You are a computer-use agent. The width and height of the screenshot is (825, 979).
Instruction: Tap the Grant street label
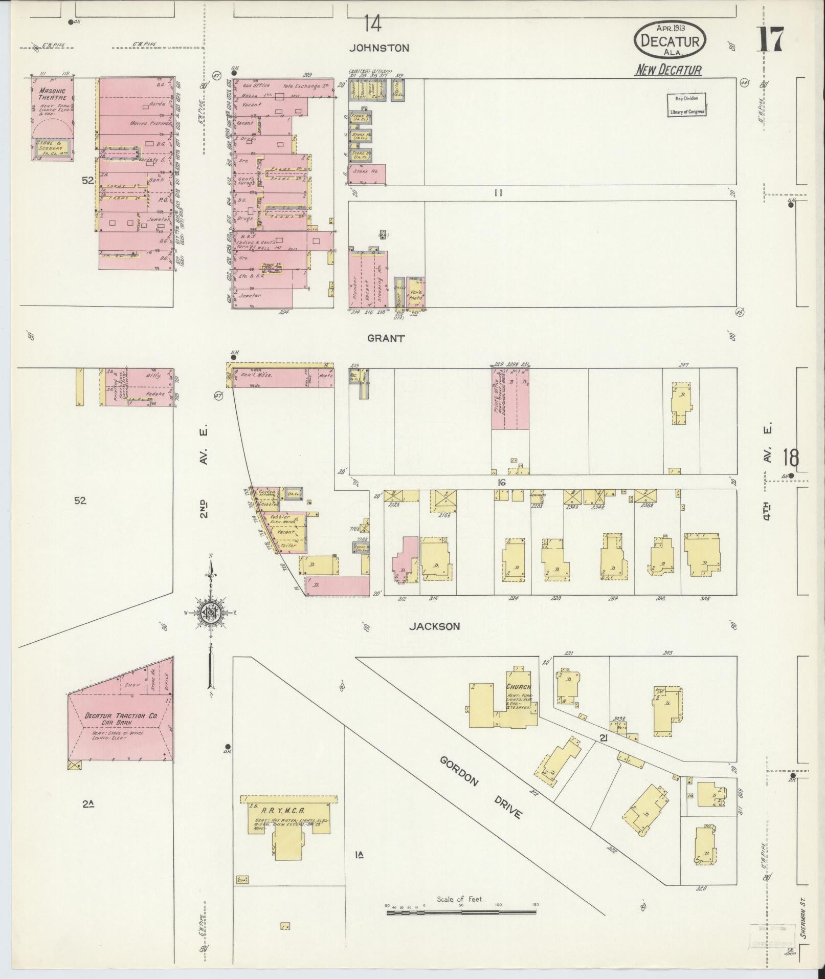(x=386, y=338)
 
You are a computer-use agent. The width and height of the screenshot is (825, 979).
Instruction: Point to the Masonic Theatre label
(x=52, y=94)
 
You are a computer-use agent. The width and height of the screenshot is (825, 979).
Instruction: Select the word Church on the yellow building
(x=519, y=687)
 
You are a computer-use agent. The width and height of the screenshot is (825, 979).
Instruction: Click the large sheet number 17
(x=770, y=40)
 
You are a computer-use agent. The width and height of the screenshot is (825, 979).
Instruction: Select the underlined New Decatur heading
(x=668, y=71)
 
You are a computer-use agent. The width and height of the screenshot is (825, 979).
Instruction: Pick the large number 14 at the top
(x=372, y=24)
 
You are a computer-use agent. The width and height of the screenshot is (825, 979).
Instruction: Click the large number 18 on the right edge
(x=790, y=458)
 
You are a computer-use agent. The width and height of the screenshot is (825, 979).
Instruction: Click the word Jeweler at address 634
(x=250, y=296)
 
